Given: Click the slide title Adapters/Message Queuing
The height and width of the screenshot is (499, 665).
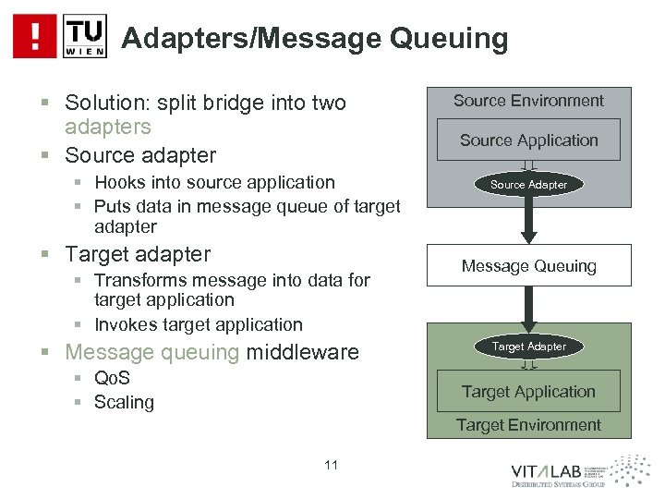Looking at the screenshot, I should point(315,38).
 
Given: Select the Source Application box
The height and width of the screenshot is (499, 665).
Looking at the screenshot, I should point(529,140).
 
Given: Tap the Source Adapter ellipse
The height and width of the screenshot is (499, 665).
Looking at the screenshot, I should point(529,185).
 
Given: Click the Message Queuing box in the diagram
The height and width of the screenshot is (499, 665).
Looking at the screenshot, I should point(529,266).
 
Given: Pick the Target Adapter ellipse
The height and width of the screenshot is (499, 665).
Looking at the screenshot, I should point(529,347).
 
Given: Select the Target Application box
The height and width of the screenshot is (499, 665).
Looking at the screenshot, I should point(529,392).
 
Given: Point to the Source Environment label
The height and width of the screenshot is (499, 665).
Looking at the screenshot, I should point(529,101).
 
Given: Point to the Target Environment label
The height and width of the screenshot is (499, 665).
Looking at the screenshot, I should point(529,425).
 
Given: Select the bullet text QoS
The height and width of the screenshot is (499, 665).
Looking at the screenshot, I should point(112,379).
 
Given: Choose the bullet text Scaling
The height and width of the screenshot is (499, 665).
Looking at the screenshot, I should point(124,402).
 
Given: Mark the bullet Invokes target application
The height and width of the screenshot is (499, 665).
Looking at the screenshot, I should point(198,324).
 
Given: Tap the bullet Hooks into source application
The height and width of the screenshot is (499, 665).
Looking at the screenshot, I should point(214,182).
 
